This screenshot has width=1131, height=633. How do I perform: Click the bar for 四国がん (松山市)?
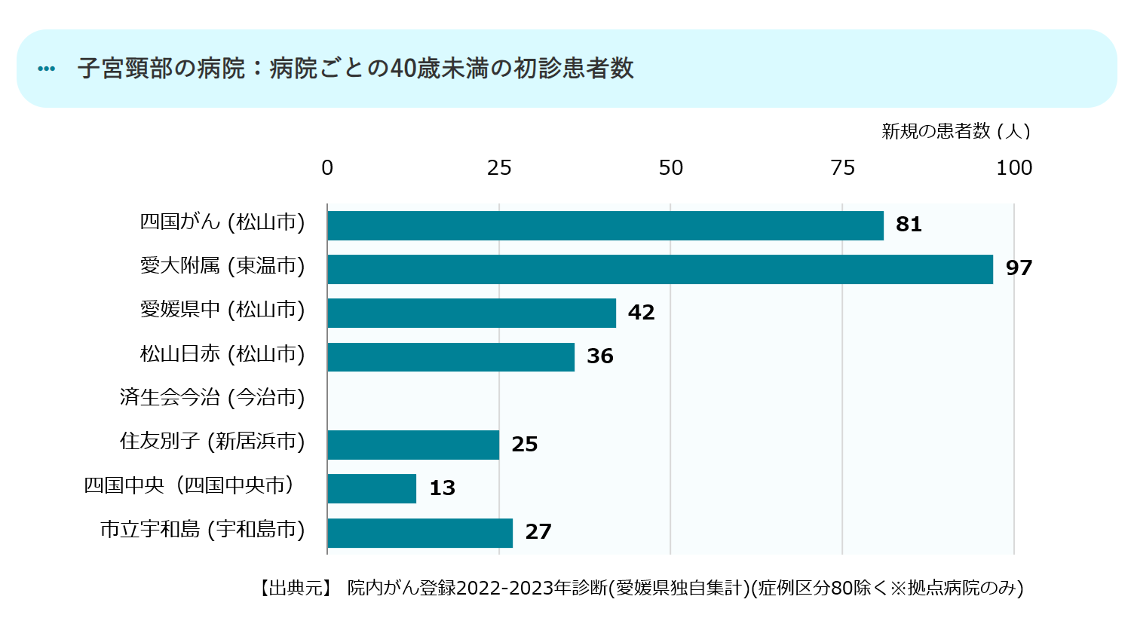click(x=605, y=225)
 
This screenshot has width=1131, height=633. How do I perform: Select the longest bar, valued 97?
click(x=660, y=269)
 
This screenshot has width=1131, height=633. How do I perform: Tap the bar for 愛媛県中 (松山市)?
click(x=471, y=313)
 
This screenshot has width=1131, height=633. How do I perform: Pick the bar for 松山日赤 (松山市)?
click(x=451, y=356)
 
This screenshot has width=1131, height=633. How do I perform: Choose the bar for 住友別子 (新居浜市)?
click(x=413, y=445)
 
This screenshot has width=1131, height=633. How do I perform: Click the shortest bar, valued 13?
click(x=372, y=488)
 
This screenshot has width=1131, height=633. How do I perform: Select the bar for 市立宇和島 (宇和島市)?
click(x=420, y=533)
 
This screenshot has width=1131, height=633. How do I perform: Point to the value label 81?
click(x=909, y=225)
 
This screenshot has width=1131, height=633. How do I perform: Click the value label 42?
click(x=641, y=313)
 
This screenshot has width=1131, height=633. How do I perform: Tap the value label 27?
click(x=538, y=532)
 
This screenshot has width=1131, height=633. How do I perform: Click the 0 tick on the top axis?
click(x=327, y=167)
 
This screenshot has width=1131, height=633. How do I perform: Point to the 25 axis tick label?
click(x=499, y=167)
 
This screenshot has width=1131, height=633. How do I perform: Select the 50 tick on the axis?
click(x=670, y=167)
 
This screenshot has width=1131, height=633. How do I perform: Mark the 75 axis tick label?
click(x=842, y=167)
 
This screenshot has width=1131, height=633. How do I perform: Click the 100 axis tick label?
click(x=1014, y=167)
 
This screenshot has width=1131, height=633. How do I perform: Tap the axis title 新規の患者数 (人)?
click(x=956, y=131)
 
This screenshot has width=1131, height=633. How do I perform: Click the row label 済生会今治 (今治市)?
click(x=212, y=397)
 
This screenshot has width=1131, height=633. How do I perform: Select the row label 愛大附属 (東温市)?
click(x=222, y=266)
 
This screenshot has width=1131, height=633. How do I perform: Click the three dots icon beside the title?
click(x=47, y=69)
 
